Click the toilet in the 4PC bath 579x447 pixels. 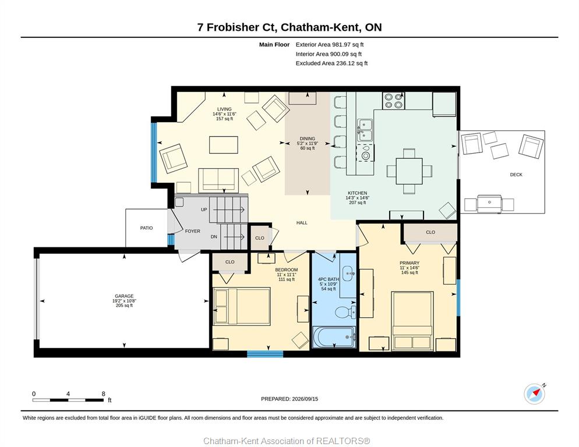coord(346,312)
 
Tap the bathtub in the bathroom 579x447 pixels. coord(334,337)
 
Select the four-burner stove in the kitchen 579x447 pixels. coord(393,100)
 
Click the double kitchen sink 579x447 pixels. coord(365,131)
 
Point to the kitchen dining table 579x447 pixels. coord(409,171)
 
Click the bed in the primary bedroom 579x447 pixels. coord(412,321)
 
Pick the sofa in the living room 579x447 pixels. coord(218,180)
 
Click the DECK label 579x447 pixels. coord(516,175)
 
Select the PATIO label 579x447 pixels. coord(146,228)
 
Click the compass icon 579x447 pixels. coord(535,394)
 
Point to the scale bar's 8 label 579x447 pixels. coord(104,394)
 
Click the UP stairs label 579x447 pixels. coord(204,210)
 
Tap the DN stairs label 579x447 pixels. coord(214,237)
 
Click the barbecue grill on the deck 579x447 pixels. coord(489,203)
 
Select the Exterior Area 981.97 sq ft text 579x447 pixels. coord(330,45)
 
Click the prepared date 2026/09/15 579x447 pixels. coord(305,399)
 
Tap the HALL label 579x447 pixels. coord(302,223)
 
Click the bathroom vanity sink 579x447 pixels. coord(348,274)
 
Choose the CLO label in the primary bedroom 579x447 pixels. coord(430,232)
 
